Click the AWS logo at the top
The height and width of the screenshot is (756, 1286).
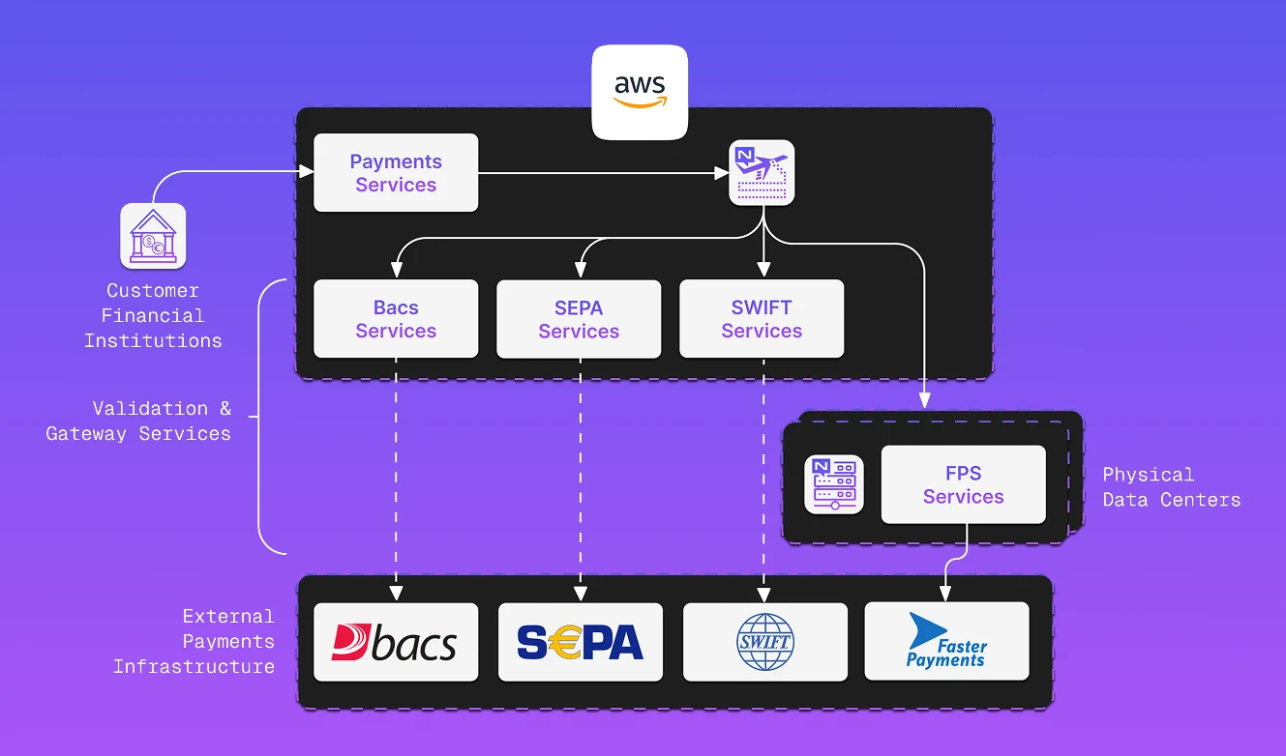coord(640,92)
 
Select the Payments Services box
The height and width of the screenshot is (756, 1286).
coord(396,173)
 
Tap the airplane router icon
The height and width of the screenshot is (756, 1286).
coord(762,173)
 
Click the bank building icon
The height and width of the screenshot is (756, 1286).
coord(153,236)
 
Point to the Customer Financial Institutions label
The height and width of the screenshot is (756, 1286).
coord(153,315)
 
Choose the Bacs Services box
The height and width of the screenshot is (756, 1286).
coord(396,319)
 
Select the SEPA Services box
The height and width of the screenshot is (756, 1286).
coord(579,319)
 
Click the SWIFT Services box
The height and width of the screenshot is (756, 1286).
coord(762,319)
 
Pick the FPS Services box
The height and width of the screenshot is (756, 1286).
coord(963,484)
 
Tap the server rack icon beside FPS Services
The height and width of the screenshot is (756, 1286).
coord(834,484)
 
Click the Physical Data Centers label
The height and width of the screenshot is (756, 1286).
coord(1171,487)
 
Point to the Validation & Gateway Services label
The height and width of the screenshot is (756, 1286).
coord(138,421)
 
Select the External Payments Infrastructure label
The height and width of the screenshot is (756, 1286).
coord(194,641)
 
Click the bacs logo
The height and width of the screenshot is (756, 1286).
coord(396,642)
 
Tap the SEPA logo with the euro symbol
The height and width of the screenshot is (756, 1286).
coord(580,642)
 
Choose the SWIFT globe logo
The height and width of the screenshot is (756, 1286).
coord(764,642)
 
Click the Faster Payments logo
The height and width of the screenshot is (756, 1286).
coord(946,642)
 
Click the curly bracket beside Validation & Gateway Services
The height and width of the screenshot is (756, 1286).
coord(259,417)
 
